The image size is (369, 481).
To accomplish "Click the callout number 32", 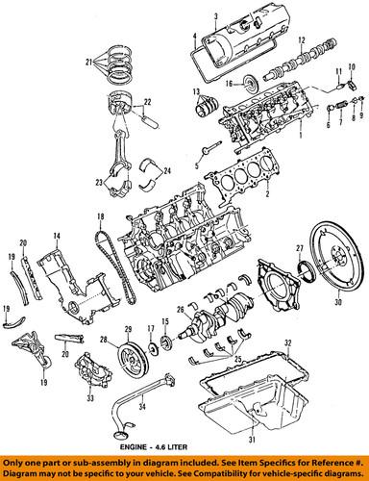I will (287, 342).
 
